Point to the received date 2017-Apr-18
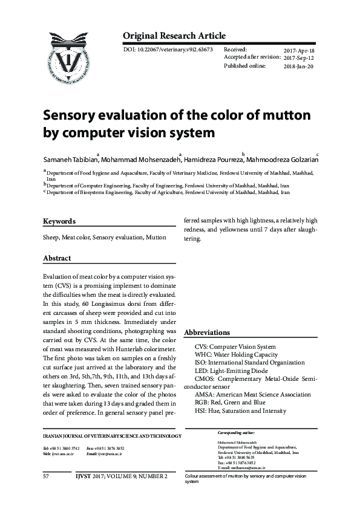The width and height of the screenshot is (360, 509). pyautogui.click(x=299, y=51)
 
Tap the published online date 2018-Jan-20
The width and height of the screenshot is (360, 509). pyautogui.click(x=299, y=66)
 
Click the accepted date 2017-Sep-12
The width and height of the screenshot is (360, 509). pyautogui.click(x=299, y=58)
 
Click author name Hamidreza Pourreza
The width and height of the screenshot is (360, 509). pyautogui.click(x=214, y=160)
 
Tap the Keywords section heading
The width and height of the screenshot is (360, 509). pyautogui.click(x=59, y=221)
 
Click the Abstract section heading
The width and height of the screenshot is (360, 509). pyautogui.click(x=57, y=258)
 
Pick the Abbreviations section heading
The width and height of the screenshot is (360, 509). pyautogui.click(x=207, y=332)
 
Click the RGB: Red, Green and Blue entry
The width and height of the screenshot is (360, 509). pyautogui.click(x=230, y=403)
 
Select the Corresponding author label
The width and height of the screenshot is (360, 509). pyautogui.click(x=236, y=433)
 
